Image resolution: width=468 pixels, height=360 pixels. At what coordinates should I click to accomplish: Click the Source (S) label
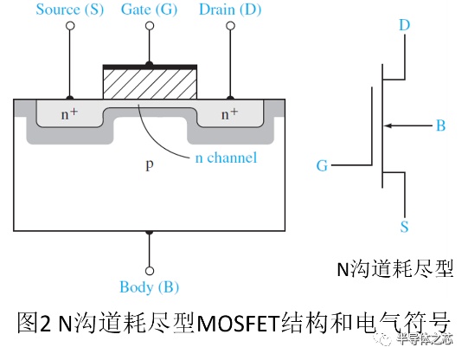click(70, 10)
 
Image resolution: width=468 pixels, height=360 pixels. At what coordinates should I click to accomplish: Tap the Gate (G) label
click(150, 10)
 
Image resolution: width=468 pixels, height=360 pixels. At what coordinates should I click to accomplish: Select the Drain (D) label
click(230, 10)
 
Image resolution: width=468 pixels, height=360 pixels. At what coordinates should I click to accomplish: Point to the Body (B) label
click(150, 287)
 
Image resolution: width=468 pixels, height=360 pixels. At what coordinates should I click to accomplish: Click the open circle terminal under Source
click(70, 26)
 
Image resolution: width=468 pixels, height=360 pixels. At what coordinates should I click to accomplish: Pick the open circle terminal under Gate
click(150, 26)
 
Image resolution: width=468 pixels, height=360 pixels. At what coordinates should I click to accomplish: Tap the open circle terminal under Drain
click(230, 26)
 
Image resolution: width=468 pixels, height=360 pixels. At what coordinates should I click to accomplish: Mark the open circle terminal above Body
click(150, 271)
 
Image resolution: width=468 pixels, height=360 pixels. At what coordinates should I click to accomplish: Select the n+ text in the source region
click(69, 113)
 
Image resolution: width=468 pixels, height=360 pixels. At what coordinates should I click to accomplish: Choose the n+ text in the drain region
click(229, 113)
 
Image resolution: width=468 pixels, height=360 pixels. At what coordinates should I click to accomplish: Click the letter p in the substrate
click(150, 164)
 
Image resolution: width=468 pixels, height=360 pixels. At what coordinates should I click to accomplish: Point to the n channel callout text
click(226, 157)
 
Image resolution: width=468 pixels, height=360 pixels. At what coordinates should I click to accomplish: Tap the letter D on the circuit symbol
click(405, 25)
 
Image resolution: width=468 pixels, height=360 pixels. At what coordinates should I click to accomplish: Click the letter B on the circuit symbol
click(441, 125)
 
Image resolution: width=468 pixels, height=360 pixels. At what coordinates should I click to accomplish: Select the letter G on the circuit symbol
click(322, 165)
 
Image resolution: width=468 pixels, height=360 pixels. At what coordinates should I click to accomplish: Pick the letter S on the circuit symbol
click(404, 227)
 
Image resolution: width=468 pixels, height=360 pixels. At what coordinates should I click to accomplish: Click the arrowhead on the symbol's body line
click(388, 125)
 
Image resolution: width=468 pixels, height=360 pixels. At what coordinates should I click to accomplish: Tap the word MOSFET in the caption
click(238, 324)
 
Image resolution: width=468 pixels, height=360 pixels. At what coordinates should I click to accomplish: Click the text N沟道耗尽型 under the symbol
click(395, 269)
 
